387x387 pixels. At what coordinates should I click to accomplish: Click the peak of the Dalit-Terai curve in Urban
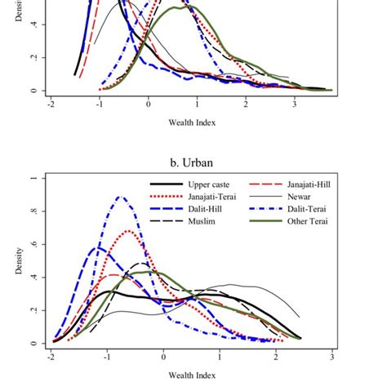tap(122, 197)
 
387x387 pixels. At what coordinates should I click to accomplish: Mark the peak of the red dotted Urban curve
tap(131, 231)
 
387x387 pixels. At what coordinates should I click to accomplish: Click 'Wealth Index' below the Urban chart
tap(192, 379)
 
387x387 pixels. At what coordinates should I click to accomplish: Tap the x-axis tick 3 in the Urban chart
tap(332, 358)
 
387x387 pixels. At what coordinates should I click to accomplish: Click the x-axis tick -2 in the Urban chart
tap(51, 358)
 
